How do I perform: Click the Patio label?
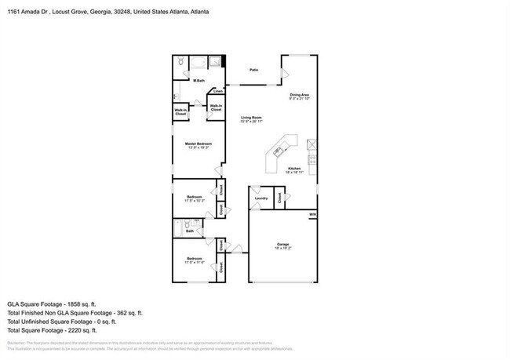[x=253, y=70]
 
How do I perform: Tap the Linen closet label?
[x=217, y=92]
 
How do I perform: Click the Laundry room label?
[x=261, y=198]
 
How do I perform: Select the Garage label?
[x=283, y=245]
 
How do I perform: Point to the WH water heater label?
[x=311, y=214]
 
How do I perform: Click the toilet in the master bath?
[x=180, y=60]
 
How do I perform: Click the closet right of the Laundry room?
[x=279, y=198]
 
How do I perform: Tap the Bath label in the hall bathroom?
[x=190, y=231]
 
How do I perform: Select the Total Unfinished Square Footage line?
[x=62, y=321]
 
